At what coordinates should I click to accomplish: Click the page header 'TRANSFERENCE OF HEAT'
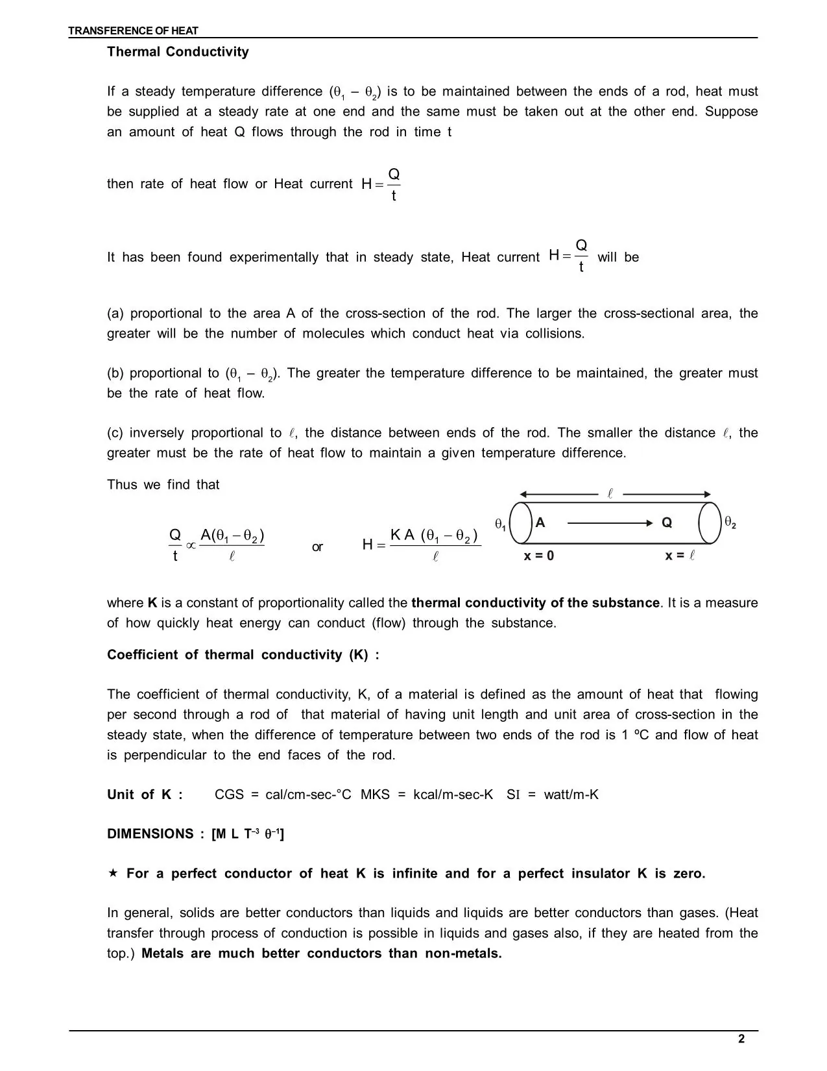point(134,31)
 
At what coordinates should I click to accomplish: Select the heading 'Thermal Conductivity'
point(178,52)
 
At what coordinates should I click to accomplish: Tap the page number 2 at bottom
point(741,1039)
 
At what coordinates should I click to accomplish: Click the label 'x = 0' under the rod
point(538,556)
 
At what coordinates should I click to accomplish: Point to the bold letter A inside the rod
point(540,523)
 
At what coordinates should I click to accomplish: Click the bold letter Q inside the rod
point(667,523)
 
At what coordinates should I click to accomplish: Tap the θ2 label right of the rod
point(730,523)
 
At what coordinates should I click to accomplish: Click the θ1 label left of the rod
point(500,524)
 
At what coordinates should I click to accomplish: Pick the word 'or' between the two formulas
point(317,547)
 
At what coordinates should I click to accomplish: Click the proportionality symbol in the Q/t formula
point(191,546)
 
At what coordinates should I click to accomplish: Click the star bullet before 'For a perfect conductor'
point(113,873)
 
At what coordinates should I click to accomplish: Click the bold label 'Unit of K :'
point(145,794)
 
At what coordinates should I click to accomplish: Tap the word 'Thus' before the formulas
point(122,485)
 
